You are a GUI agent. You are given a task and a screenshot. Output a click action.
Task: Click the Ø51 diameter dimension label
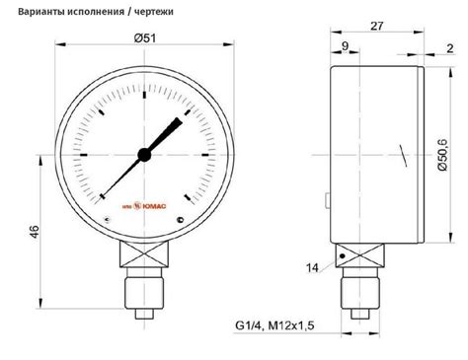[x=145, y=38]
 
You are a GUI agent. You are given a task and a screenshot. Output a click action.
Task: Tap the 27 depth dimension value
[x=377, y=26]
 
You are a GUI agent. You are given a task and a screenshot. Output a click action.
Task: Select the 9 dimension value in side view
[x=345, y=46]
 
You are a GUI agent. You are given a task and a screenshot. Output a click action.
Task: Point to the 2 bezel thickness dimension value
[x=450, y=48]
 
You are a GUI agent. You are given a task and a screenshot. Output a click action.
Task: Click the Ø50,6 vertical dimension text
[x=443, y=155]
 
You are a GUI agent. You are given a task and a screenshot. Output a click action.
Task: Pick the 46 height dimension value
[x=35, y=232]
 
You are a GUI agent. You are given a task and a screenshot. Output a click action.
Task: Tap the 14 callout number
[x=312, y=268]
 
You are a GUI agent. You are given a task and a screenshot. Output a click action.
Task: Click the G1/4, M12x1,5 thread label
[x=274, y=325]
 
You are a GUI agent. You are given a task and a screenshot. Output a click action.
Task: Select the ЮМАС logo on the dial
[x=144, y=206]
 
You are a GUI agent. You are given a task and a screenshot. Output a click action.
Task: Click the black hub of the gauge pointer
[x=144, y=155]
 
